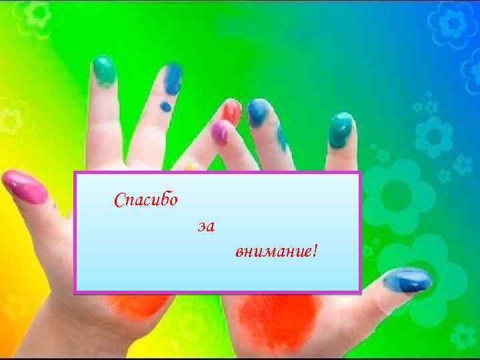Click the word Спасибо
click(146, 199)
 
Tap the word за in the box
click(206, 227)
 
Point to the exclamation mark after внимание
click(314, 251)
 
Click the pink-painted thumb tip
click(24, 187)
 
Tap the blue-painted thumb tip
click(406, 280)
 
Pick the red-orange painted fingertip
click(231, 112)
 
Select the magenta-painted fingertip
click(219, 132)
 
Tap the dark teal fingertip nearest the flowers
click(341, 129)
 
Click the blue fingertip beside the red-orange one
click(257, 112)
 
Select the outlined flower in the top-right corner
click(453, 23)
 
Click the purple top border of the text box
click(217, 173)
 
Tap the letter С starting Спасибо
click(119, 200)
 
